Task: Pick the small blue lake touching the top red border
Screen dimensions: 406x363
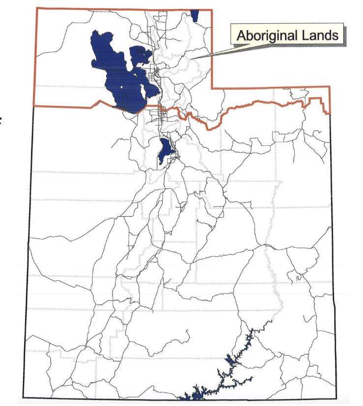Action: (x=195, y=15)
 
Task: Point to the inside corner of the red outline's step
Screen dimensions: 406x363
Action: (x=212, y=88)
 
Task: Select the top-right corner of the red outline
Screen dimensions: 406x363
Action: (x=212, y=9)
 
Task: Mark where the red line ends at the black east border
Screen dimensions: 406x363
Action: (x=330, y=113)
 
